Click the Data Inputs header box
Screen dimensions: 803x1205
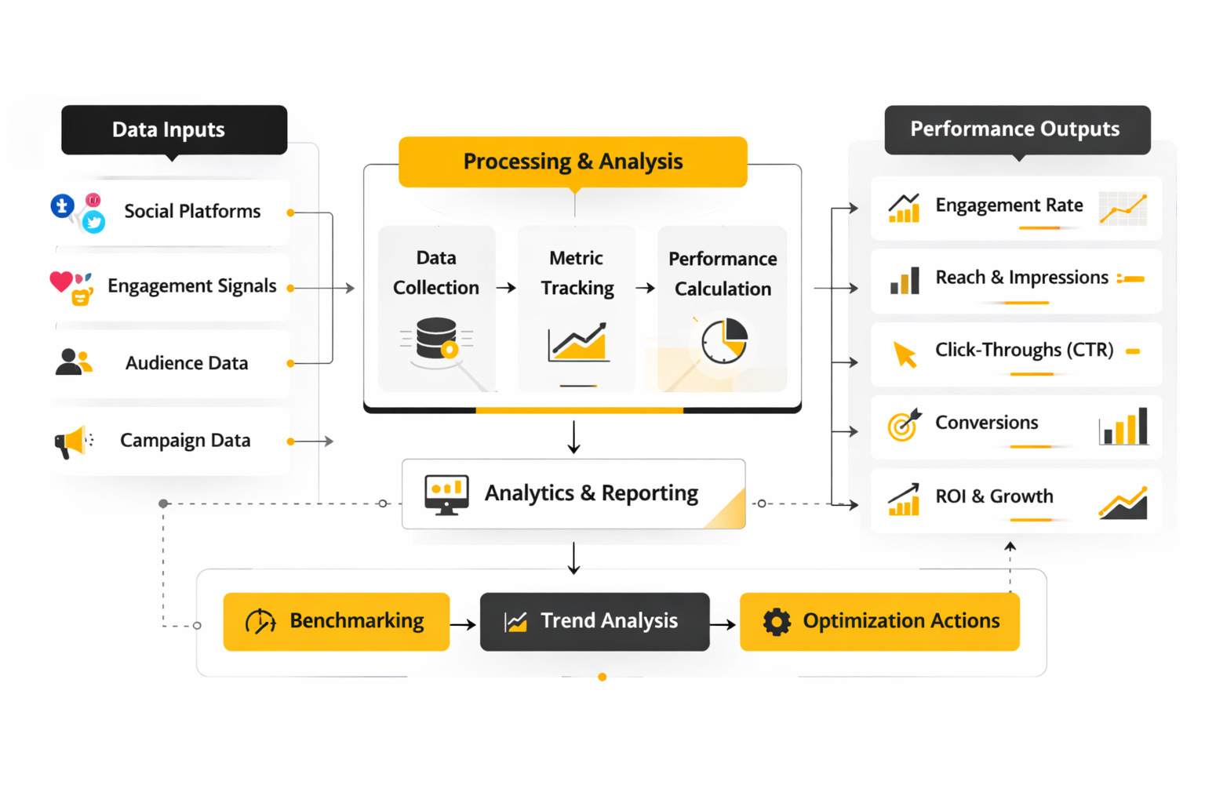point(174,129)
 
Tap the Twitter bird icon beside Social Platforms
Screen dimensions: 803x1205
point(94,223)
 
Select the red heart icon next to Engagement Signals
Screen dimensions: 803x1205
point(60,282)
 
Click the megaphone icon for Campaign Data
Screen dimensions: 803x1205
point(71,441)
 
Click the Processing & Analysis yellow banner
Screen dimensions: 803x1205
point(573,162)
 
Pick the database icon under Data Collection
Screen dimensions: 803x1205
point(437,339)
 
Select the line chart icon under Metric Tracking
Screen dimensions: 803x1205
point(578,343)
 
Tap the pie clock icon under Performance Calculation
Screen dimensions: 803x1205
point(723,341)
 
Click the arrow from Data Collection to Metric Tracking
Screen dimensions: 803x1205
point(506,288)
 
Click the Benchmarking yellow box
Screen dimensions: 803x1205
point(336,621)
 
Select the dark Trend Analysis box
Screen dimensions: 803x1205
point(595,621)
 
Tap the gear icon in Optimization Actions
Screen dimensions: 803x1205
point(777,622)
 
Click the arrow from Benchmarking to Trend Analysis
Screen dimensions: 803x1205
point(464,624)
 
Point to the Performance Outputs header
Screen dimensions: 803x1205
point(1017,129)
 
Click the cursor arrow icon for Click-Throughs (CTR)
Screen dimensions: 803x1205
point(905,354)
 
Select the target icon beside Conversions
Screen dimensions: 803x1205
point(904,425)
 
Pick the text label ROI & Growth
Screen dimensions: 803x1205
point(994,496)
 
